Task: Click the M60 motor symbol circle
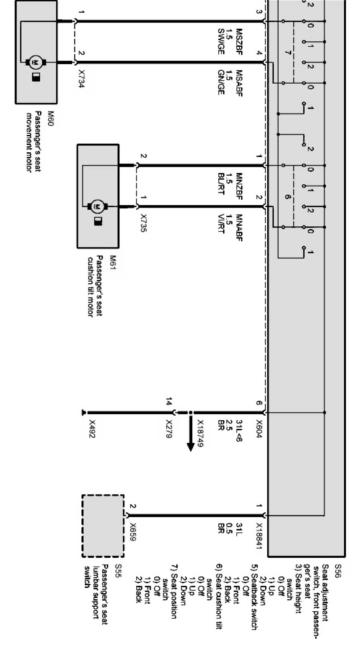pyautogui.click(x=36, y=62)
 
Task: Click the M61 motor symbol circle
pyautogui.click(x=98, y=207)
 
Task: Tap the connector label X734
pyautogui.click(x=81, y=79)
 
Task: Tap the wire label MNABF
pyautogui.click(x=239, y=228)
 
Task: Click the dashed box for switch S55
pyautogui.click(x=103, y=526)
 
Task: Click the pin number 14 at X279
pyautogui.click(x=169, y=402)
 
